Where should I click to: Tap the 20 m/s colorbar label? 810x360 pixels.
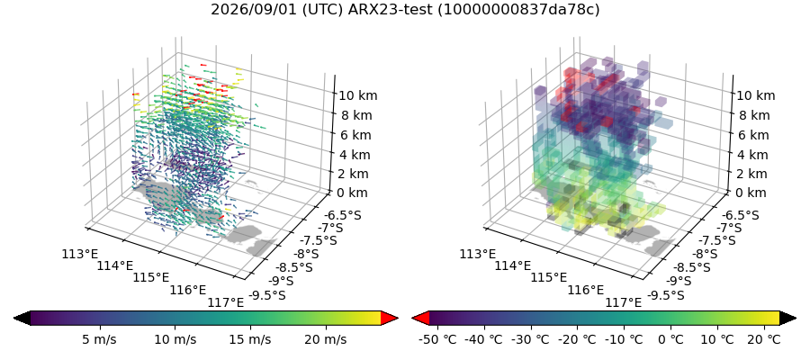click(x=326, y=339)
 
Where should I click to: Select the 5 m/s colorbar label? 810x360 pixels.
click(x=99, y=339)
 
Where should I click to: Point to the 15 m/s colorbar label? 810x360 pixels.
click(x=250, y=339)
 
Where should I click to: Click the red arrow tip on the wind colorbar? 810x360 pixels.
click(x=398, y=319)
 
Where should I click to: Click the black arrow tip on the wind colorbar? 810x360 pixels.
click(x=13, y=319)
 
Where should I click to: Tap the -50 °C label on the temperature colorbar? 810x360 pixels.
click(x=437, y=339)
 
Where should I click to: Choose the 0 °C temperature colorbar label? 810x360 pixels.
click(x=670, y=339)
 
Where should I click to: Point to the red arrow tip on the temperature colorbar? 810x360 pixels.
click(x=412, y=319)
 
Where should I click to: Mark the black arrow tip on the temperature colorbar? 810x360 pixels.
click(x=796, y=319)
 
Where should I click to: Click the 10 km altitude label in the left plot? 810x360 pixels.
click(x=357, y=95)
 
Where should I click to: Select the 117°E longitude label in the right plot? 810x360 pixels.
click(x=624, y=302)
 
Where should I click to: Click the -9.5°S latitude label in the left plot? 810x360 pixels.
click(x=266, y=295)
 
